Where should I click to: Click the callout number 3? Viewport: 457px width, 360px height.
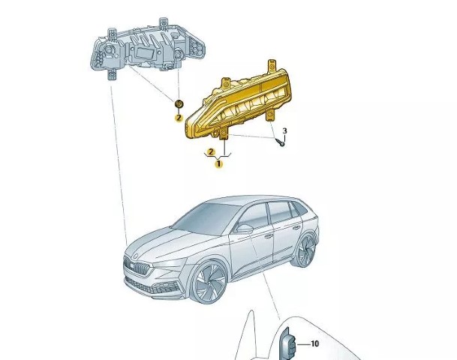point(284,131)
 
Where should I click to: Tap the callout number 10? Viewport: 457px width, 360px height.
point(315,344)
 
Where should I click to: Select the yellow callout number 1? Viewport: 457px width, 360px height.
point(219,164)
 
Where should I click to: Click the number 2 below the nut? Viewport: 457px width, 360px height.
point(179,118)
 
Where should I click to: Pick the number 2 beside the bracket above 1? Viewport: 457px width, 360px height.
point(211,152)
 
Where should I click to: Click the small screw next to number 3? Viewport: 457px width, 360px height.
point(281,143)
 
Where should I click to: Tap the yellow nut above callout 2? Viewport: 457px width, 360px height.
point(179,104)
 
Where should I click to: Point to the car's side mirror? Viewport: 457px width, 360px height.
point(243,228)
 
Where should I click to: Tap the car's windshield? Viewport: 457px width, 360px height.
point(205,217)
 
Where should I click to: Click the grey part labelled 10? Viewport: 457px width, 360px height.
point(287,344)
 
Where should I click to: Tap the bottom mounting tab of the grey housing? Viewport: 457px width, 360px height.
point(113,74)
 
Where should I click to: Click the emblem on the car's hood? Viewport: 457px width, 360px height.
point(136,256)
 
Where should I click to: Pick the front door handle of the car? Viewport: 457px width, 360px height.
point(269,236)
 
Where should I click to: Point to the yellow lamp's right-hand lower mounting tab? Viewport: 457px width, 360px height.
point(271,115)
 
